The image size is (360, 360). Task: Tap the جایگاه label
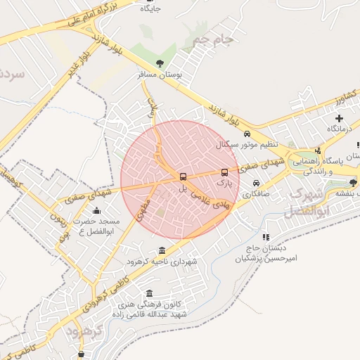coord(150,9)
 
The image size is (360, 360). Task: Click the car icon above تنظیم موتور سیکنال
coord(247,134)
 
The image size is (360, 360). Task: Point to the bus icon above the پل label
coord(184,176)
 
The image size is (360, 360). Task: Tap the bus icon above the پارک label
coord(225,172)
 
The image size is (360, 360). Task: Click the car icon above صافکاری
coord(255,184)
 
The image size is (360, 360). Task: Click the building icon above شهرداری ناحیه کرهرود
coord(162,251)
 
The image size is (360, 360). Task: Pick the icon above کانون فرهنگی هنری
coord(148,294)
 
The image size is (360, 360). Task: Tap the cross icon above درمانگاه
coord(340,118)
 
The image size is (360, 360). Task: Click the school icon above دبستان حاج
coord(266,238)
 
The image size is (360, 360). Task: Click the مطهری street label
coord(144,209)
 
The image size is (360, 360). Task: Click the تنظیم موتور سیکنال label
coord(247,145)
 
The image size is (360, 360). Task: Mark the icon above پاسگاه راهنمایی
coord(318,150)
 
